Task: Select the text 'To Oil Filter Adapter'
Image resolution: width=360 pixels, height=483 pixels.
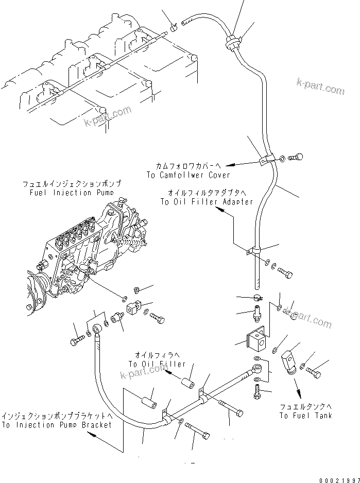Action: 206,201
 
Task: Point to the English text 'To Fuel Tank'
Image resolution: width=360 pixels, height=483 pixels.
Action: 305,416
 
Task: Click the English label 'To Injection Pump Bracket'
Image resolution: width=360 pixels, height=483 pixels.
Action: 56,425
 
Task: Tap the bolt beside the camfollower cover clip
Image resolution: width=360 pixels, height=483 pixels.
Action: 297,157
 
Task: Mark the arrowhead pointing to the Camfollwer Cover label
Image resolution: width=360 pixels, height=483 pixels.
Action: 229,165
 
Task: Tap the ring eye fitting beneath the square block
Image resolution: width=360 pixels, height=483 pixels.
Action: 262,369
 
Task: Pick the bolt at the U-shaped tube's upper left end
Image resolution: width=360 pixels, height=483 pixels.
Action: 77,341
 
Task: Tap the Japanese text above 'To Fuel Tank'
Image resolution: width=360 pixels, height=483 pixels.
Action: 305,406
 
